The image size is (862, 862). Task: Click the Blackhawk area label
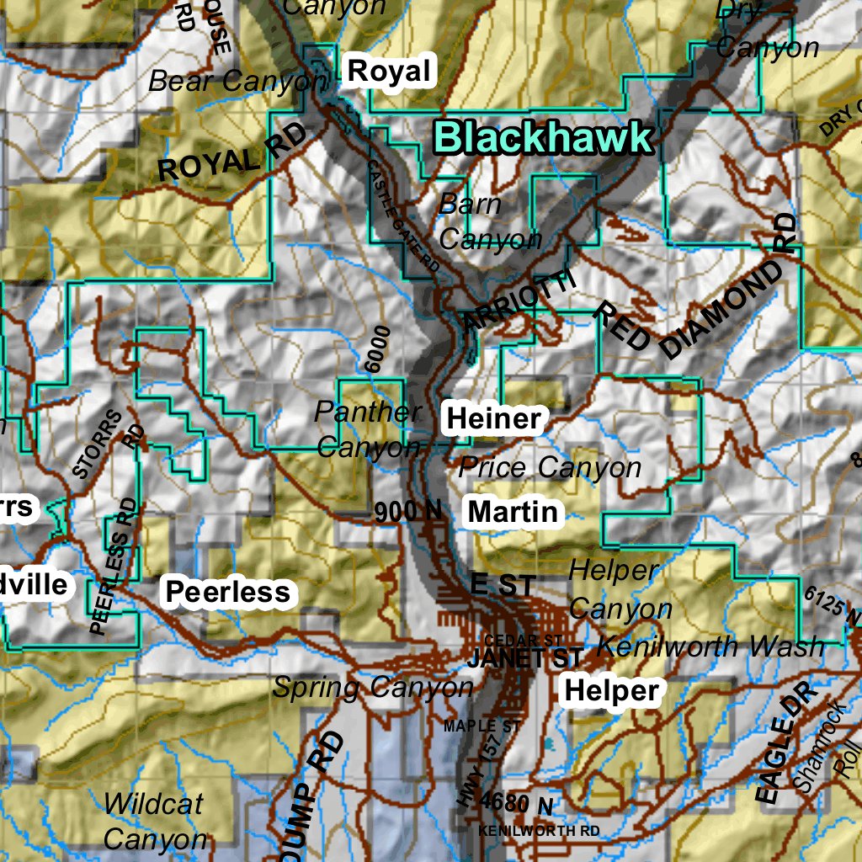click(543, 137)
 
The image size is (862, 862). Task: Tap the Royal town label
click(389, 72)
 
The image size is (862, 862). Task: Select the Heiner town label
click(493, 418)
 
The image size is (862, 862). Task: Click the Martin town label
click(513, 511)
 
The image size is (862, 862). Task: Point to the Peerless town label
click(227, 592)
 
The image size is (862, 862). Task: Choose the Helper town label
click(611, 690)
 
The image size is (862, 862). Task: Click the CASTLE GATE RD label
click(404, 215)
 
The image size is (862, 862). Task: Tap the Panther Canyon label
click(368, 429)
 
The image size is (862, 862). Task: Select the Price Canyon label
click(550, 467)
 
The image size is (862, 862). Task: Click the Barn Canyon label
click(488, 222)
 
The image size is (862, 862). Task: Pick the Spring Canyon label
click(373, 688)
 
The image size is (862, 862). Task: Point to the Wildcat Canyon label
click(154, 821)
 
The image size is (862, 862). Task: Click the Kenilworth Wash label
click(710, 646)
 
